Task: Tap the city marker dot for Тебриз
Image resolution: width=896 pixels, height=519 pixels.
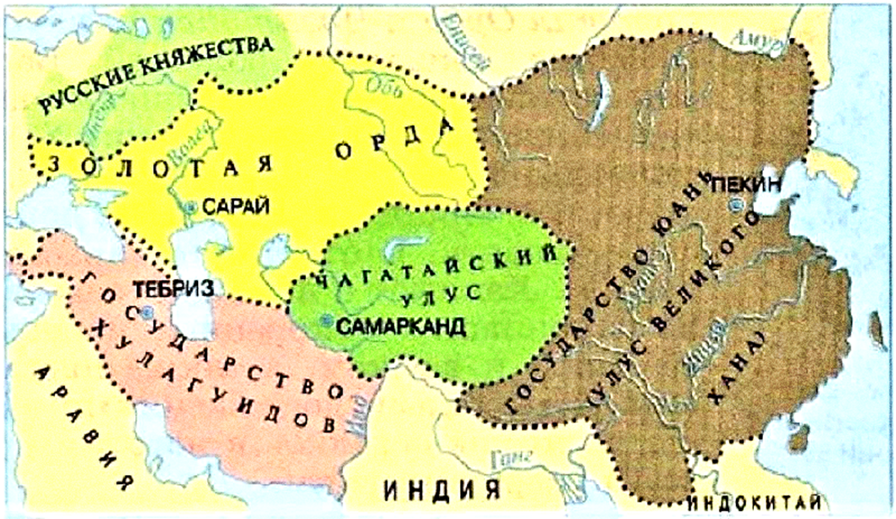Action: [x=149, y=310]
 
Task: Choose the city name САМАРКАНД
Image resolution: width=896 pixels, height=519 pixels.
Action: [x=401, y=326]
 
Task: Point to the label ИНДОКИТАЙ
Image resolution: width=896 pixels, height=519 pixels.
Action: [x=756, y=501]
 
